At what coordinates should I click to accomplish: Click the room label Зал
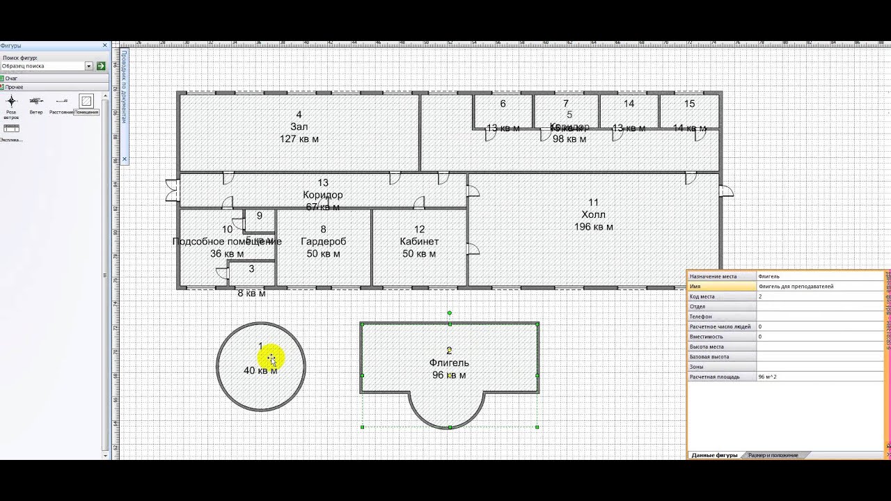click(x=299, y=127)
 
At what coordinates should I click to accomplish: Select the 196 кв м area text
click(x=593, y=227)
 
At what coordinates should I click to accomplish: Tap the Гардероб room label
click(x=323, y=241)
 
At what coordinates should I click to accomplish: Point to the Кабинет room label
click(x=419, y=241)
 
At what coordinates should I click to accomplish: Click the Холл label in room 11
click(x=593, y=214)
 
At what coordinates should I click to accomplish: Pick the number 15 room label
click(x=689, y=104)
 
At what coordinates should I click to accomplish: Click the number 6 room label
click(x=503, y=104)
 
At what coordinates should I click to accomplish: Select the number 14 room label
click(x=629, y=104)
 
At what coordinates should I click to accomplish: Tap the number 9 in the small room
click(x=260, y=216)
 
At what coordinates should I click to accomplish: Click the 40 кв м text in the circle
click(x=260, y=371)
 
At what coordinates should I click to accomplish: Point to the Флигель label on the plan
click(x=449, y=363)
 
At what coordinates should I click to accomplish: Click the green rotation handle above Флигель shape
click(x=450, y=313)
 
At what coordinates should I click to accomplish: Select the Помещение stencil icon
click(x=86, y=102)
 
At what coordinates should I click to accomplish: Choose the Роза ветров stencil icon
click(x=11, y=102)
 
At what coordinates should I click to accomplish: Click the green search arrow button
click(x=101, y=66)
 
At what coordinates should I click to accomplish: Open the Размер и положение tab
click(x=773, y=455)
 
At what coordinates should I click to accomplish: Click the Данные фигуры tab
click(x=714, y=455)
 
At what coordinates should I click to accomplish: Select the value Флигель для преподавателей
click(x=796, y=287)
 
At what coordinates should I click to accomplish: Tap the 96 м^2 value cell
click(x=767, y=376)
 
